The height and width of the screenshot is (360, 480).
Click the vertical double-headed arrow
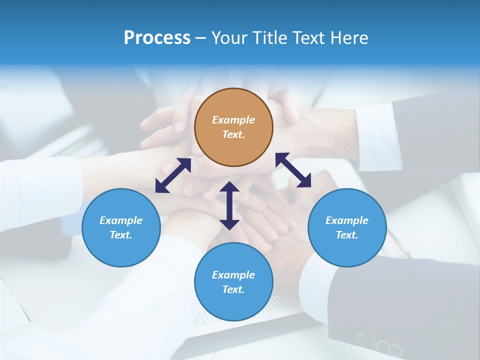point(229,206)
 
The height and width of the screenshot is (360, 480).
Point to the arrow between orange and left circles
point(173,175)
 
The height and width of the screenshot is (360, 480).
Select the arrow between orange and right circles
point(293,170)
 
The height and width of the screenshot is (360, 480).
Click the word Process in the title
point(157,37)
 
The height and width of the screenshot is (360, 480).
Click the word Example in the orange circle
point(233,120)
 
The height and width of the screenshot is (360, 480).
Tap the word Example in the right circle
point(347,220)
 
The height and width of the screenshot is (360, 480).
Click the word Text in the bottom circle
point(232,289)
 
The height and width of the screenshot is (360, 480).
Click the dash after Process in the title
point(200,38)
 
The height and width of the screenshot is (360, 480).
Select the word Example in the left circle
point(121,220)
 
